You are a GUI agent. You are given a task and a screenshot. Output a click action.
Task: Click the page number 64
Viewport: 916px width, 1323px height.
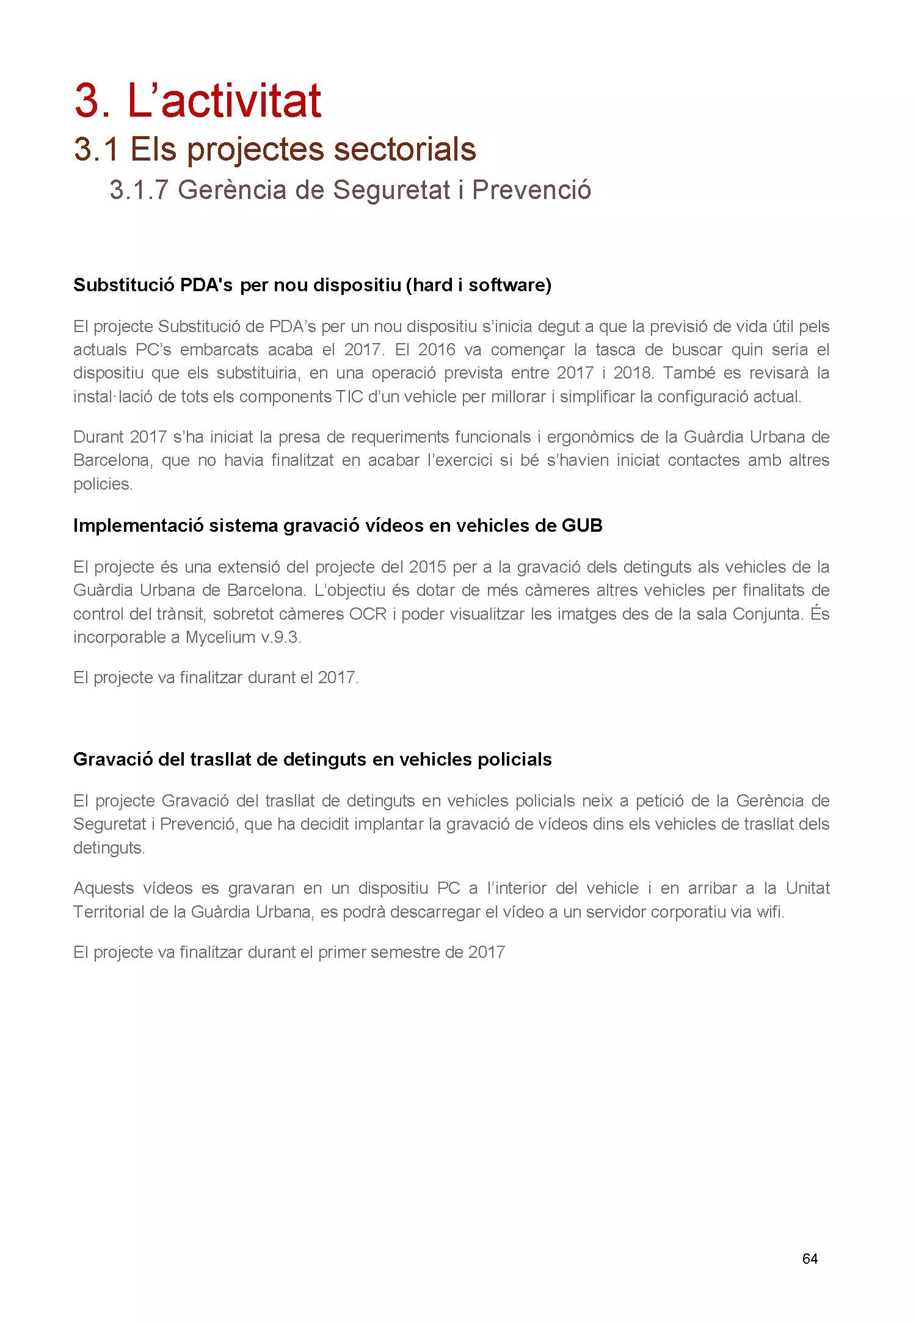810,1258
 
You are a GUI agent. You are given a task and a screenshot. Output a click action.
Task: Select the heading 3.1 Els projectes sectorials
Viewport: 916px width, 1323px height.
275,149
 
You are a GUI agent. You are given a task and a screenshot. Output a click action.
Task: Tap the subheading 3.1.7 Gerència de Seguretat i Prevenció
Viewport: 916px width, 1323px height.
350,190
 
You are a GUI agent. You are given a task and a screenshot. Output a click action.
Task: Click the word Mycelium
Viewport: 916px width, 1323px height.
220,637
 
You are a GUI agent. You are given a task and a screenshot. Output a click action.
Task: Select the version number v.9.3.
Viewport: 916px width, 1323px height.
281,637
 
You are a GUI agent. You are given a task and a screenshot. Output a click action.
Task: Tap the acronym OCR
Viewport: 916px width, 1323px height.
368,614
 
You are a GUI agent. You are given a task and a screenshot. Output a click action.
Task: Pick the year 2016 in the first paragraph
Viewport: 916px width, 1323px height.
437,349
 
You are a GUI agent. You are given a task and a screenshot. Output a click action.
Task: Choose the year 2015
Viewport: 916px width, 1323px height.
428,567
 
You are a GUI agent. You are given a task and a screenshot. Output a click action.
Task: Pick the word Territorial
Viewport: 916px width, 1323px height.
109,912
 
